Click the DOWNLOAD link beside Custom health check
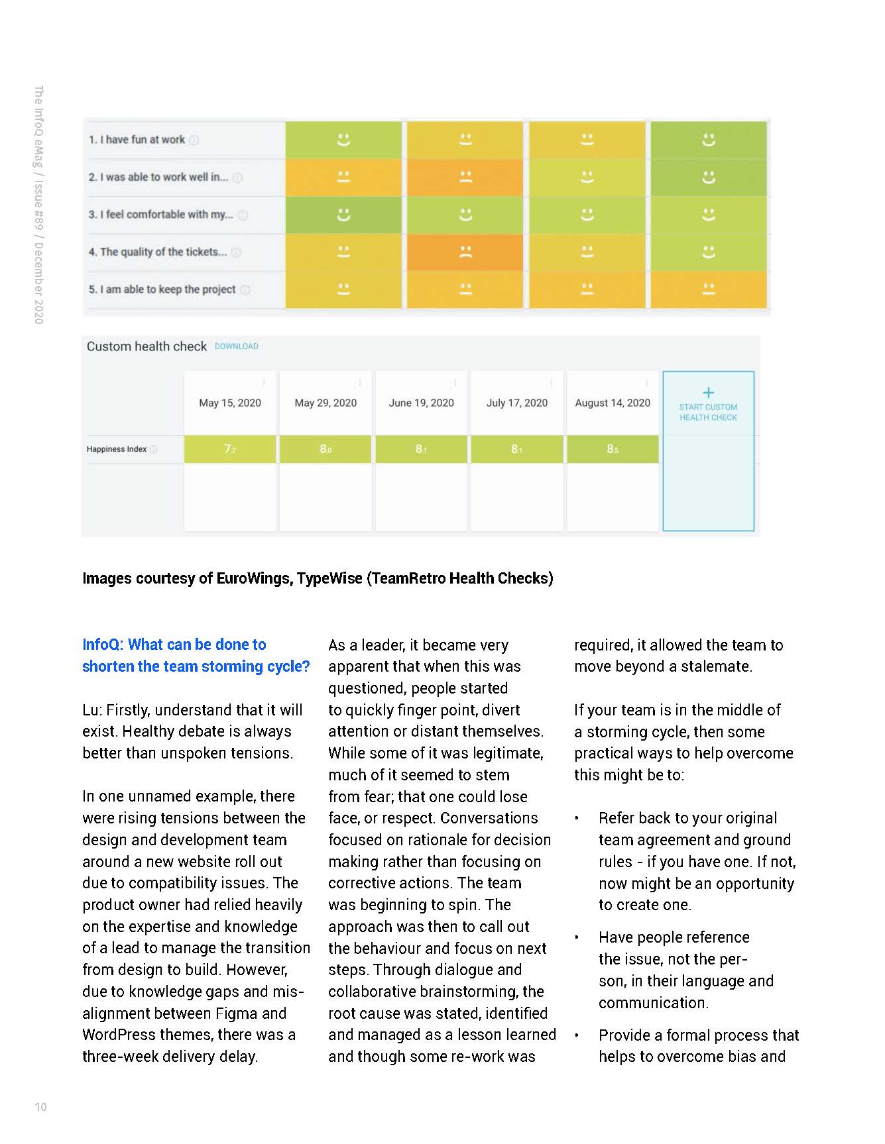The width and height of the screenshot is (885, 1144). (x=236, y=346)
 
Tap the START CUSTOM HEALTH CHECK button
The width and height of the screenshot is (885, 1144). (x=708, y=411)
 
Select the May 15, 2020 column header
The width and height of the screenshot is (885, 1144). (x=230, y=403)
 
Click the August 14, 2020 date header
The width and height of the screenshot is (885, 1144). (x=613, y=403)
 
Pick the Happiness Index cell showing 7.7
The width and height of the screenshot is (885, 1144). (x=230, y=449)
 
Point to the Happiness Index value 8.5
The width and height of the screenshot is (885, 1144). (x=613, y=449)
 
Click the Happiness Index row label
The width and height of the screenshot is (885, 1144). (x=117, y=449)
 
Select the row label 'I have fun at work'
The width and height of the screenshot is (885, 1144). (x=137, y=140)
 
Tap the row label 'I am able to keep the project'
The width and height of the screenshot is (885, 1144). (x=162, y=289)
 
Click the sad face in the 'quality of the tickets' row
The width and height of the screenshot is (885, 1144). (x=465, y=252)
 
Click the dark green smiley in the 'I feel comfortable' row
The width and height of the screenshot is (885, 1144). (x=343, y=215)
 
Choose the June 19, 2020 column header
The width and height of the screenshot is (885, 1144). (x=422, y=403)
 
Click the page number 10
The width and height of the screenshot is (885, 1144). (x=40, y=1107)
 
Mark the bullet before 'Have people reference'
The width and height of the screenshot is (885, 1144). (x=577, y=938)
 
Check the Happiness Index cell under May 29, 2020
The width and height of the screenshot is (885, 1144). (x=325, y=449)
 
